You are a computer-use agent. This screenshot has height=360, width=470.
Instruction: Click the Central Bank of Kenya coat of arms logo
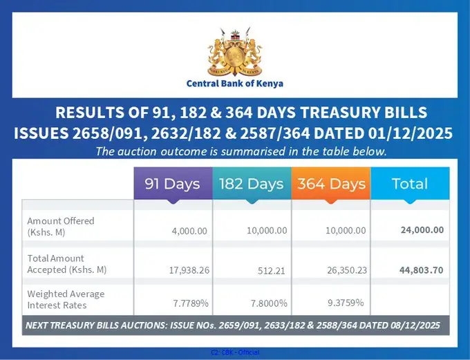tap(235, 55)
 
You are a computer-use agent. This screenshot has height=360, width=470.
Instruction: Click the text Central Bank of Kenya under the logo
tap(235, 84)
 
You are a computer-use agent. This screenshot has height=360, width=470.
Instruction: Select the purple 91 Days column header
tap(172, 184)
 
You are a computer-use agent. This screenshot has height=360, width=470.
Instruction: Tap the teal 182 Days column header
tap(252, 184)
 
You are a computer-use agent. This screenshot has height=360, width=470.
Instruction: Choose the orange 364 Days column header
tap(331, 184)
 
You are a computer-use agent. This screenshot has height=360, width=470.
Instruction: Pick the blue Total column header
tap(410, 184)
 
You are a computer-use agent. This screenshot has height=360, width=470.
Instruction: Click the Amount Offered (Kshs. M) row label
tap(61, 227)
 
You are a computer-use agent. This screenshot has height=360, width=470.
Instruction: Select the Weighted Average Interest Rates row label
tap(66, 299)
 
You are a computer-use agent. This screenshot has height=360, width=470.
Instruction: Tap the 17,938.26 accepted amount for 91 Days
tap(186, 270)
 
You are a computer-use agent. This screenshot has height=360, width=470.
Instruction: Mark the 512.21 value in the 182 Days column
tap(271, 270)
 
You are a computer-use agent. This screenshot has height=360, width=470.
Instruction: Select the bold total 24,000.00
tap(422, 230)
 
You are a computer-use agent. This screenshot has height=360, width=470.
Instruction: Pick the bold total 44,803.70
tap(422, 270)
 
